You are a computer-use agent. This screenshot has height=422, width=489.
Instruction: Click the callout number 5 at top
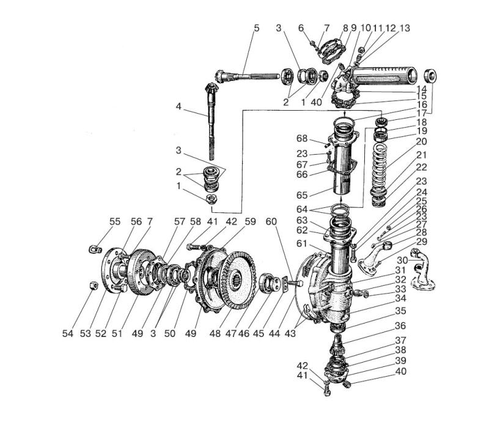[x=256, y=28]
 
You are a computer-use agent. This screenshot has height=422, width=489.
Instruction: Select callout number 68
[x=302, y=138]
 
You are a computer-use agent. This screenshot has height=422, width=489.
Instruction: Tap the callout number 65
[x=302, y=195]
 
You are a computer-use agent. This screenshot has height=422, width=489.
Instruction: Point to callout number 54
[x=68, y=333]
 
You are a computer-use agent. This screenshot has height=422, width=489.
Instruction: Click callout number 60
[x=271, y=221]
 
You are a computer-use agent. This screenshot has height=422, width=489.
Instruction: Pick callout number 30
[x=402, y=260]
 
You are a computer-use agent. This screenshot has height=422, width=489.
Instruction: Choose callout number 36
[x=400, y=325]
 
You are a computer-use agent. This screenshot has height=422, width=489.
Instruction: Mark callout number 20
[x=421, y=141]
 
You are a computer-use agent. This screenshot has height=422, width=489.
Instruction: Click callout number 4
[x=178, y=106]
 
